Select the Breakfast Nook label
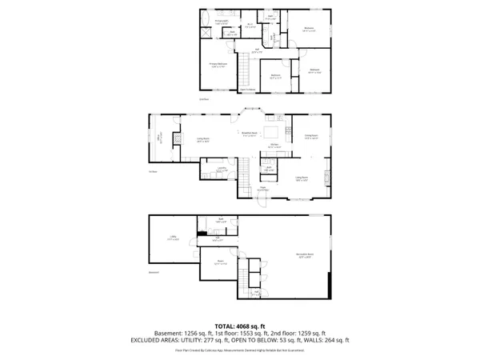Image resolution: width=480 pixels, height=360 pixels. click(x=250, y=133)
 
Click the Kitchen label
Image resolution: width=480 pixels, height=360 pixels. click(x=273, y=146)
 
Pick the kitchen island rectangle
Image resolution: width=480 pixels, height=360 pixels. click(x=273, y=132)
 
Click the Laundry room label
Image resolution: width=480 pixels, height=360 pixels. click(x=225, y=169)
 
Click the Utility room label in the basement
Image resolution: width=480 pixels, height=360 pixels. click(x=172, y=237)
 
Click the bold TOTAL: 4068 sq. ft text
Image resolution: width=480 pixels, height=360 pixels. click(x=239, y=326)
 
